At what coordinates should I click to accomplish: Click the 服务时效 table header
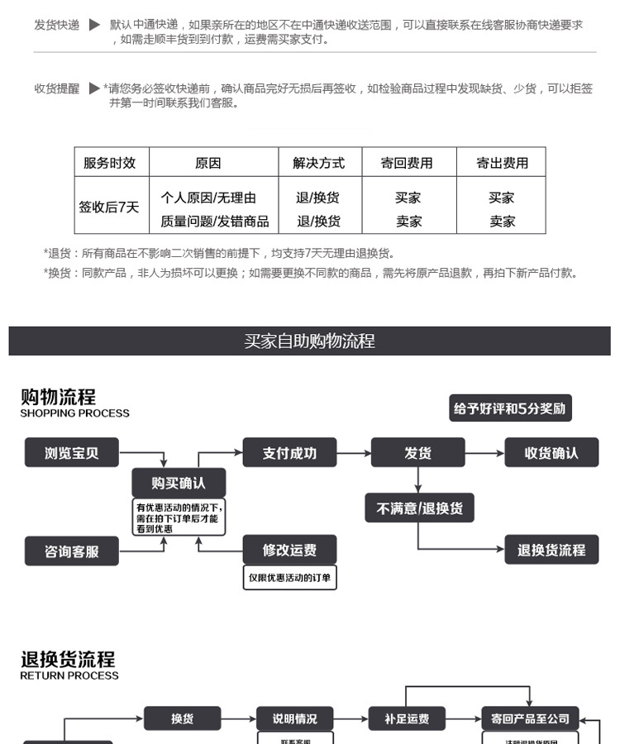(110, 163)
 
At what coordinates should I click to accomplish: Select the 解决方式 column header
(318, 163)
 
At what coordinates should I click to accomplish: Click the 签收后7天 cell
(109, 207)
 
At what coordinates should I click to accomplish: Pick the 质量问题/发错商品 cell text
(214, 221)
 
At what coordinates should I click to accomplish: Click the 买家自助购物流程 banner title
(309, 341)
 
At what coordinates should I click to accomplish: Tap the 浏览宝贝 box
(72, 453)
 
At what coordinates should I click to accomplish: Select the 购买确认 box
(178, 483)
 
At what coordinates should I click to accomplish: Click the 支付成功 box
(289, 453)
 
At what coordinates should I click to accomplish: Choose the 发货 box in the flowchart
(418, 453)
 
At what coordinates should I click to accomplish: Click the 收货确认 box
(551, 453)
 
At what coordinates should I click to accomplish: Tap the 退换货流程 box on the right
(551, 550)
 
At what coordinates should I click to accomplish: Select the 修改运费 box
(289, 550)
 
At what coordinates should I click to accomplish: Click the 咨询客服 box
(72, 551)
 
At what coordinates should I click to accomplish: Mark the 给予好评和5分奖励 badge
(510, 408)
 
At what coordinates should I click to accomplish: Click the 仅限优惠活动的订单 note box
(289, 577)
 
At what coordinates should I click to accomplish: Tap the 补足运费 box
(407, 718)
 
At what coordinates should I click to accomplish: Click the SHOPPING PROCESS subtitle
(75, 413)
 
